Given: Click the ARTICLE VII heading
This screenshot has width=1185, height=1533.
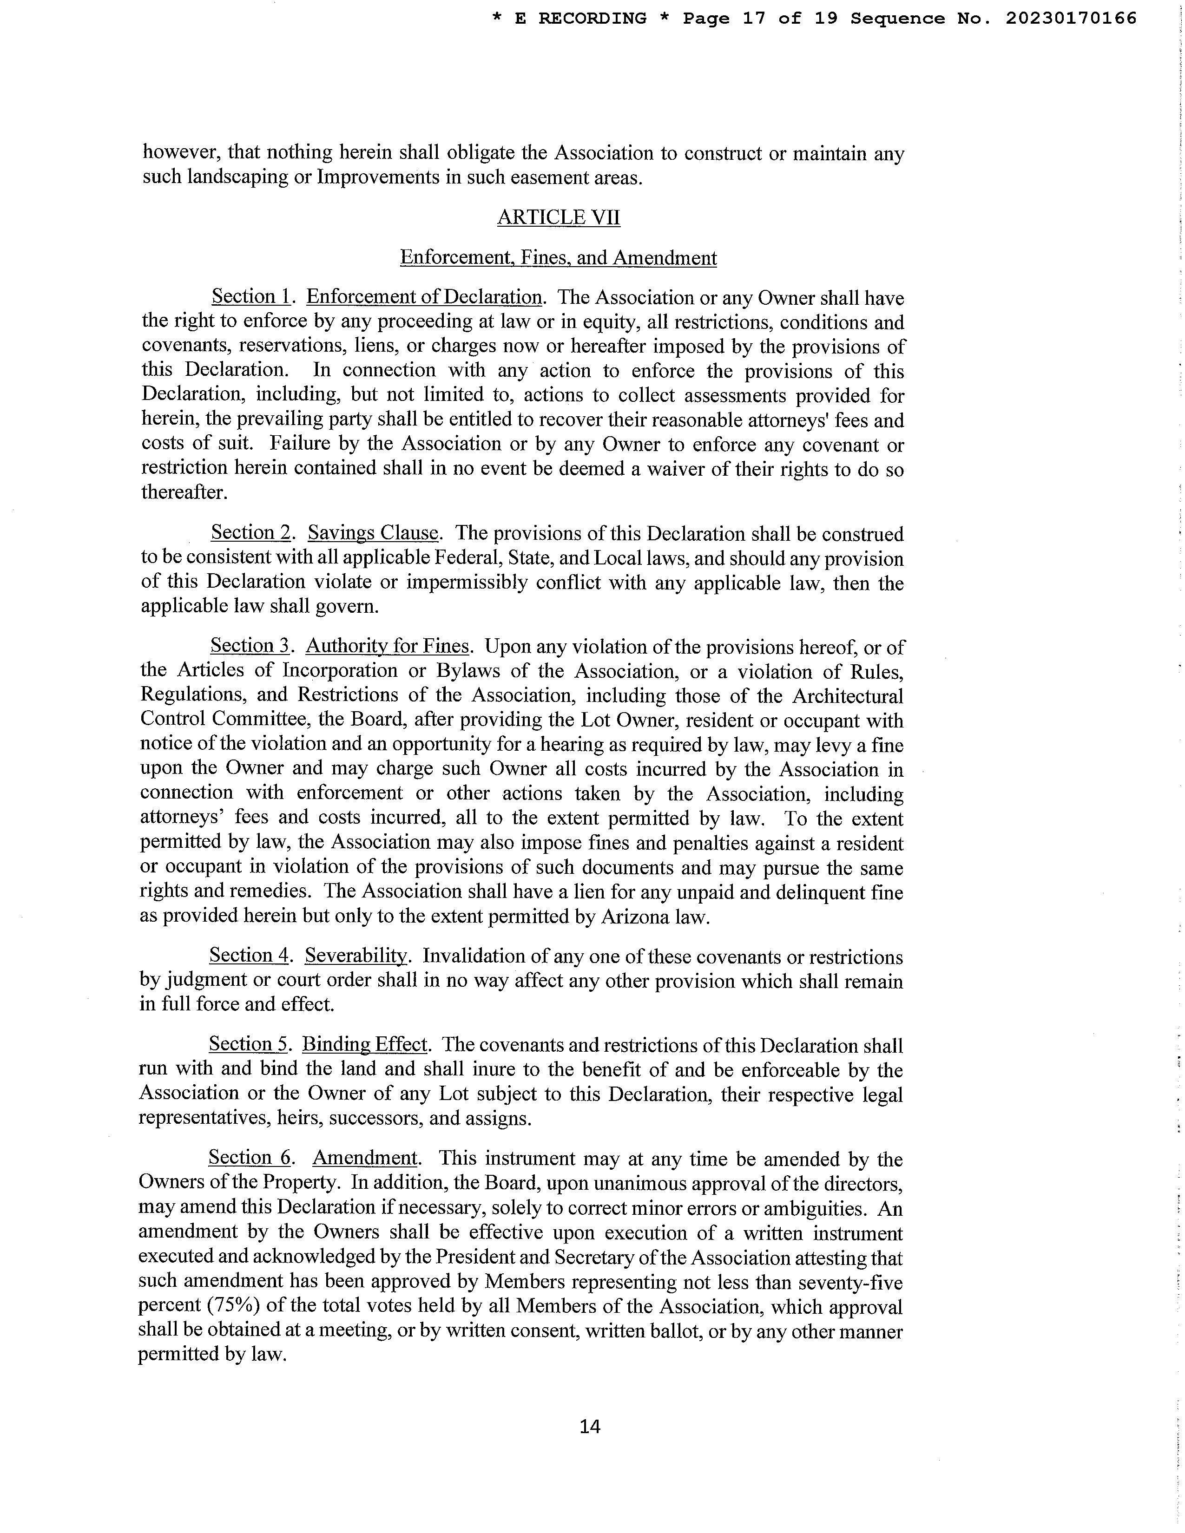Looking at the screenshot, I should pos(558,217).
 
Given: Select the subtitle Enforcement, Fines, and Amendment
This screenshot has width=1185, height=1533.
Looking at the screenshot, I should pos(558,258).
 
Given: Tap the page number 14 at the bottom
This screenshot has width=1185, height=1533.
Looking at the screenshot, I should pos(590,1426).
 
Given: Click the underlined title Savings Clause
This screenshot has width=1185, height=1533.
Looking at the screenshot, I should pos(373,533).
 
